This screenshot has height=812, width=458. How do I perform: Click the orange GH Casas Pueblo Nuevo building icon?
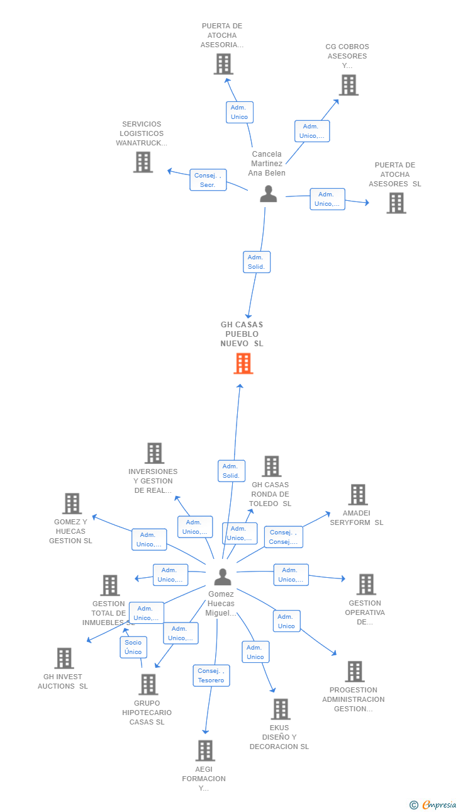[243, 363]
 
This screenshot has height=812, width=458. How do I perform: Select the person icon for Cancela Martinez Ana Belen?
[269, 194]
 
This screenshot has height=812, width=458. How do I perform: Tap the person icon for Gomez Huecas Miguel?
[223, 577]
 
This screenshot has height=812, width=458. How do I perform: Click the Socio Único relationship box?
[133, 647]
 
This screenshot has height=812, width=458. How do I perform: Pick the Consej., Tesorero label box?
[211, 675]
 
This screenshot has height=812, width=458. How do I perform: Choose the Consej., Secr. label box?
[208, 180]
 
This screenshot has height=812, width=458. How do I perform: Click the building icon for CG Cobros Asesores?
[349, 85]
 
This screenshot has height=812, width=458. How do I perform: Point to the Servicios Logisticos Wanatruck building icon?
[143, 162]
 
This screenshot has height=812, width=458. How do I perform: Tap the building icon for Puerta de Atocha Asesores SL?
[396, 203]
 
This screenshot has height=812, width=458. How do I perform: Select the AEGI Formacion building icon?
[205, 750]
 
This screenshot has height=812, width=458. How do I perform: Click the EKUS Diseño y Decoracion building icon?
[281, 709]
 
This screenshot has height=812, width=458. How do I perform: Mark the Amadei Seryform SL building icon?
[358, 495]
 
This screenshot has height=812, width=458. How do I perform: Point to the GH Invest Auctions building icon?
[64, 658]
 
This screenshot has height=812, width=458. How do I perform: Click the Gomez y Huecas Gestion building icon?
[72, 504]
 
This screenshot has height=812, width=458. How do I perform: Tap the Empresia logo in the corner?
[433, 804]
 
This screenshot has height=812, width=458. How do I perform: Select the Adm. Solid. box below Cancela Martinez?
[257, 262]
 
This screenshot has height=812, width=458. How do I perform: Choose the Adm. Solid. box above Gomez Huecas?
[231, 471]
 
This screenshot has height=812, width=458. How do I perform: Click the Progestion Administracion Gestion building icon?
[355, 672]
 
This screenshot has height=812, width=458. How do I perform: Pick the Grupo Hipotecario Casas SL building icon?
[148, 684]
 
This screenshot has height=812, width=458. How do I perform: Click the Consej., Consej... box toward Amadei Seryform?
[283, 537]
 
